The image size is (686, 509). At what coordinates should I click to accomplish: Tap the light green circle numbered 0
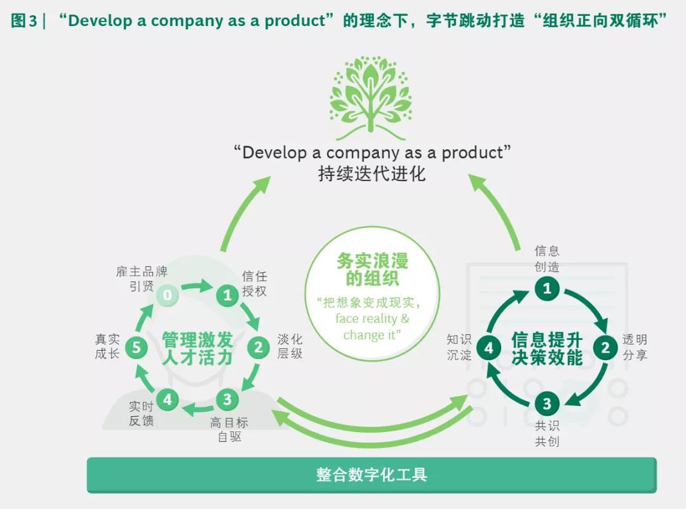click(167, 294)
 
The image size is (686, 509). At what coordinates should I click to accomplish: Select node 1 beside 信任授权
click(227, 294)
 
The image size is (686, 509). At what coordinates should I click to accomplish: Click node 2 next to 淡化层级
click(259, 347)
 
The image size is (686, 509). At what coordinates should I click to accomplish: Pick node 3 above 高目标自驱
click(227, 400)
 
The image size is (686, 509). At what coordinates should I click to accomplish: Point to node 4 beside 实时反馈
click(167, 400)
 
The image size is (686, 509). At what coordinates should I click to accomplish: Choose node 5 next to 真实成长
click(136, 347)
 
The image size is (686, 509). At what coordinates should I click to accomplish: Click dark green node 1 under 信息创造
click(546, 289)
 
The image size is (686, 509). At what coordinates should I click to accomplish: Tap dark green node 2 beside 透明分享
click(605, 347)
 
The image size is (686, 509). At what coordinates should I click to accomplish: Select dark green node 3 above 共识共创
click(546, 404)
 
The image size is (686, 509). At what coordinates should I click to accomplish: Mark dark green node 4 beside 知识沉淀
click(488, 347)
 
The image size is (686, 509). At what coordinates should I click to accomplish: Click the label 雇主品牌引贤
click(142, 279)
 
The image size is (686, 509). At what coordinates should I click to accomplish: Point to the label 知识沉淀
click(459, 347)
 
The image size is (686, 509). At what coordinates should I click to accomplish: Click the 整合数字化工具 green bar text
click(372, 475)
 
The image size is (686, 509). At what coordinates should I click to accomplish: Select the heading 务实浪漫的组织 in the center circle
click(372, 270)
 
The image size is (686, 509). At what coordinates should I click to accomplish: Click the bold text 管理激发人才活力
click(198, 348)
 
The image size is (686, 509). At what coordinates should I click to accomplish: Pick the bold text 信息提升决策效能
click(547, 348)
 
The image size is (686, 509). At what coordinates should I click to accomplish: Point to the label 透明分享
click(635, 347)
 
